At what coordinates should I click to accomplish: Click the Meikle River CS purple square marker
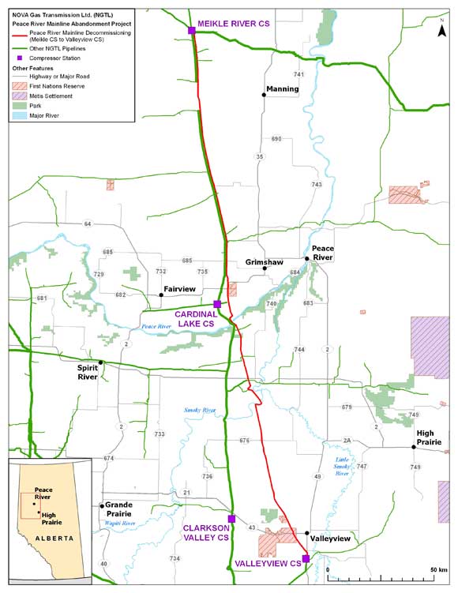[192, 30]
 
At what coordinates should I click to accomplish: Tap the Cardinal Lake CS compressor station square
[217, 304]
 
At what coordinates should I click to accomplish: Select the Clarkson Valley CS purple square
[231, 519]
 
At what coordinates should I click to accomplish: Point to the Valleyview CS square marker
[306, 558]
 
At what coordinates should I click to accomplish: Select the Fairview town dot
[161, 295]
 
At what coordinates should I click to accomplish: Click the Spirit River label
[92, 373]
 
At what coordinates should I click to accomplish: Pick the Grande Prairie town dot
[102, 506]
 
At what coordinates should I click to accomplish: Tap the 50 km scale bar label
[438, 569]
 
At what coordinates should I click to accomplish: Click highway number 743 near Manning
[317, 184]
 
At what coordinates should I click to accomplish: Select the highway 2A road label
[347, 441]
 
